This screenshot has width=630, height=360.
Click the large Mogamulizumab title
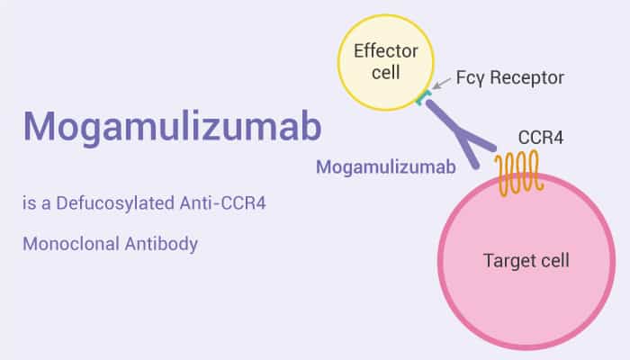point(171,128)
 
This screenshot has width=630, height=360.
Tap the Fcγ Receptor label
point(510,77)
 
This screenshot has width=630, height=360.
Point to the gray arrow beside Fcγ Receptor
point(442,87)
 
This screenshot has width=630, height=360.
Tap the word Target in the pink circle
point(508,262)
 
